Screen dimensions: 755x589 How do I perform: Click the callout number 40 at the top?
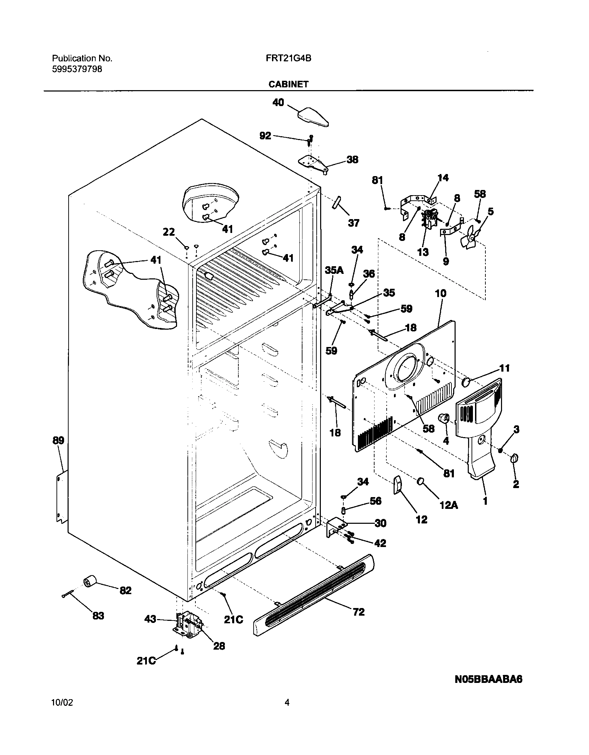279,103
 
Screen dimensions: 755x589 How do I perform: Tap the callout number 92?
265,136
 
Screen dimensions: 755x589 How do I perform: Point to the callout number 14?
443,178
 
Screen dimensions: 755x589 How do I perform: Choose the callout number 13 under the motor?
423,252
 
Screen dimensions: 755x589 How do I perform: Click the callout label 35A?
334,270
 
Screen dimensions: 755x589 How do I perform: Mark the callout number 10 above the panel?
441,294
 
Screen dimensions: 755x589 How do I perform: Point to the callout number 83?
98,616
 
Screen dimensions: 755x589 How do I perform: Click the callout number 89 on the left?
58,441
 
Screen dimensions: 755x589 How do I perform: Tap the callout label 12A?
449,505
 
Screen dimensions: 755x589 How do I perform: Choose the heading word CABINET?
288,84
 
